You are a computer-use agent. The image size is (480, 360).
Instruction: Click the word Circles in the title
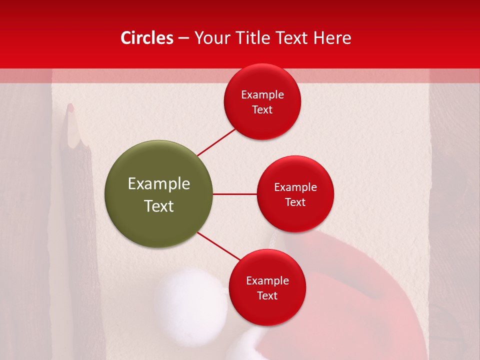(146, 38)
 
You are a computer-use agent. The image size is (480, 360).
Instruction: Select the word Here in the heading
(332, 38)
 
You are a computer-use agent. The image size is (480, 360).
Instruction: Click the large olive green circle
(159, 194)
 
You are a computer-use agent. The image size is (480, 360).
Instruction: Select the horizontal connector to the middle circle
(234, 194)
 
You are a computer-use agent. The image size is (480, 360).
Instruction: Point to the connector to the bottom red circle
(218, 245)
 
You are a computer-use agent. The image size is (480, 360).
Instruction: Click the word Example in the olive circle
(159, 184)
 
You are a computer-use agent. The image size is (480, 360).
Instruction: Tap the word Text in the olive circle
(159, 206)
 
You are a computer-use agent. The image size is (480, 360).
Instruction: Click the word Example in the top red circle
(262, 95)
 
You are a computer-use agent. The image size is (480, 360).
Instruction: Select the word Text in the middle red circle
(295, 202)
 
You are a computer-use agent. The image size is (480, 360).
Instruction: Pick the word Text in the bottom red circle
(267, 295)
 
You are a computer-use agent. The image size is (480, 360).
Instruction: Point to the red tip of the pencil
(70, 107)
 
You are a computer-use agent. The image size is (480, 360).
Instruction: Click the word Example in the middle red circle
(295, 187)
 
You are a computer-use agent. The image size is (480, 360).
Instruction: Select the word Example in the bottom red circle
(267, 281)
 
